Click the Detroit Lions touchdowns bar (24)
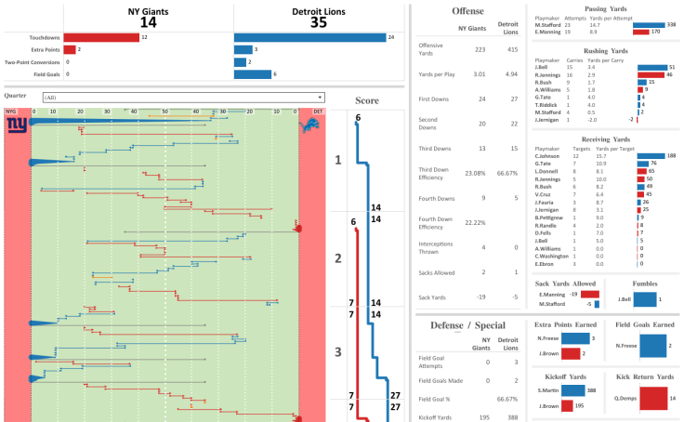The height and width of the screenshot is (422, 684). pos(309,37)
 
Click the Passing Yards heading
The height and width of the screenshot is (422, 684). pos(603,7)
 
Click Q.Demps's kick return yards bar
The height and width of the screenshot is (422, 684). pos(653,398)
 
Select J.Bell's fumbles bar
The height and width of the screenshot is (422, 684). pos(645,298)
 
